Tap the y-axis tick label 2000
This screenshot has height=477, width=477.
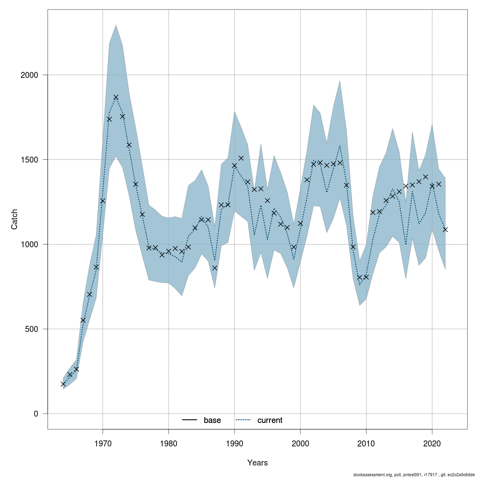pyautogui.click(x=29, y=75)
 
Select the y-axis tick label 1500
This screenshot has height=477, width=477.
pyautogui.click(x=29, y=159)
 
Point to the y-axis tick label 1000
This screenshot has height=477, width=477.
pyautogui.click(x=29, y=244)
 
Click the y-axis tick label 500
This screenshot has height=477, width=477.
pyautogui.click(x=32, y=329)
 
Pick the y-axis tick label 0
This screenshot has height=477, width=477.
pyautogui.click(x=36, y=413)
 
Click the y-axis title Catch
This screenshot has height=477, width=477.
pyautogui.click(x=14, y=219)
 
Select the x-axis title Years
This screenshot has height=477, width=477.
pyautogui.click(x=258, y=463)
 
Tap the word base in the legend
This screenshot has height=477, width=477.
pyautogui.click(x=212, y=420)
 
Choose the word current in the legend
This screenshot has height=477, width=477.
pyautogui.click(x=270, y=420)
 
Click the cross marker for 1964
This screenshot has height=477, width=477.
pyautogui.click(x=63, y=384)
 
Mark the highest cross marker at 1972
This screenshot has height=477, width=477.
pyautogui.click(x=116, y=97)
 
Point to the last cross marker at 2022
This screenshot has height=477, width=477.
pyautogui.click(x=445, y=229)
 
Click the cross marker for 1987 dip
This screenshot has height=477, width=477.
pyautogui.click(x=215, y=268)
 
